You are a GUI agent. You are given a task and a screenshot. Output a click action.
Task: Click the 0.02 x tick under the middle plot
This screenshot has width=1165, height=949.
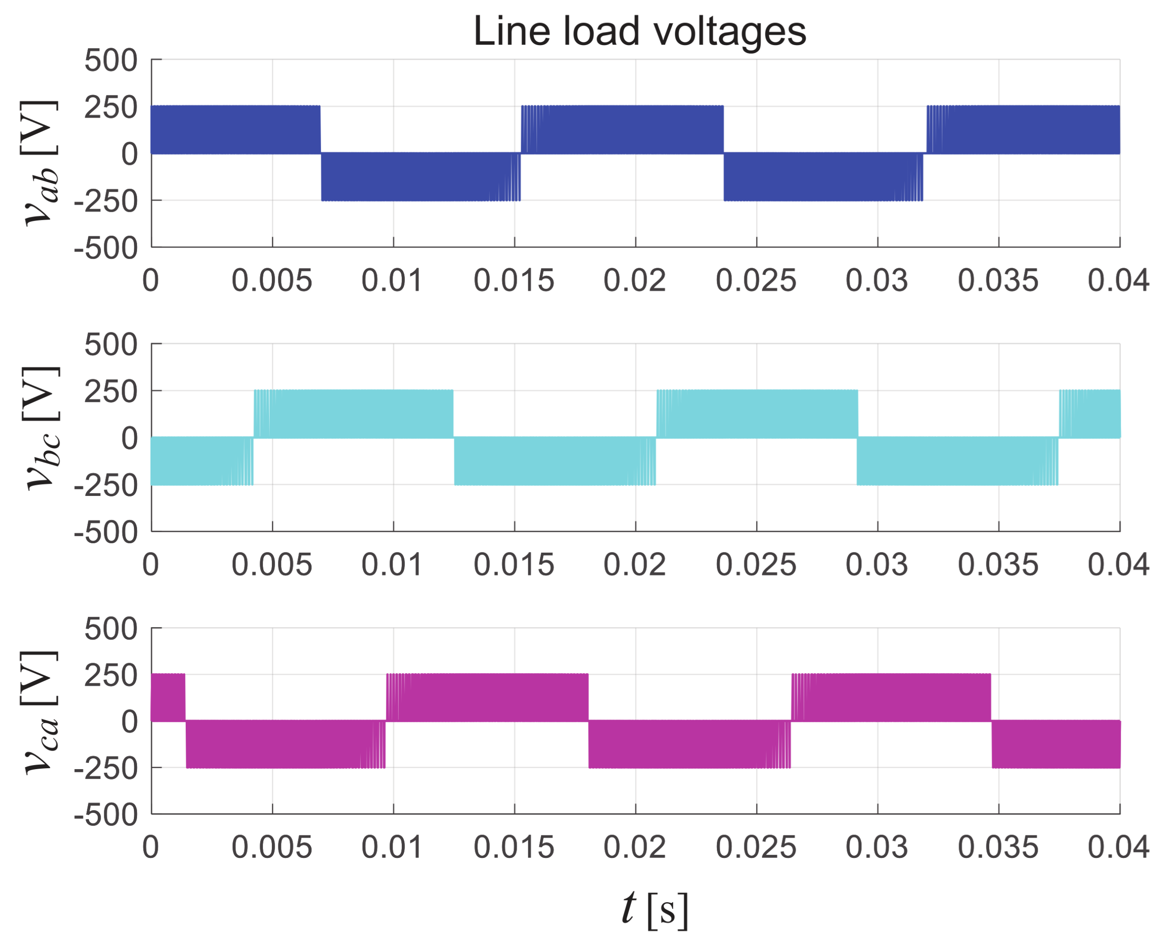point(634,565)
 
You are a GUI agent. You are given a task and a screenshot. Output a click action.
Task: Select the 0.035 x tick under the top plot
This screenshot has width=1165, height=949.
point(998,281)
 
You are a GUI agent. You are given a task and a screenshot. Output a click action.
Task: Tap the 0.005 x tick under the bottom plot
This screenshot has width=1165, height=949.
point(272,848)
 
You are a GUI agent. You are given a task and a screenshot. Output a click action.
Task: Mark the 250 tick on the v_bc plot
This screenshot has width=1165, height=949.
point(110,392)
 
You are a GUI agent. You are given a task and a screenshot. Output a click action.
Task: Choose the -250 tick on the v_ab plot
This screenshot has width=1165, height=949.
point(106,202)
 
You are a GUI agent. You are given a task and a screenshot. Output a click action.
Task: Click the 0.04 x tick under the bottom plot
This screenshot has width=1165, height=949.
point(1118,848)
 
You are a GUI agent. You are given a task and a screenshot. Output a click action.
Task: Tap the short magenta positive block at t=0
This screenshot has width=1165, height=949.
point(168,697)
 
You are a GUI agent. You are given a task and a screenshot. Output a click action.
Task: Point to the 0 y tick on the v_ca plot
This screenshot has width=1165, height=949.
point(129,722)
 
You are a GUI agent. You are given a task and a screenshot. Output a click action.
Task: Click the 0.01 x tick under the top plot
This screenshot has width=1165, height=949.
point(391,281)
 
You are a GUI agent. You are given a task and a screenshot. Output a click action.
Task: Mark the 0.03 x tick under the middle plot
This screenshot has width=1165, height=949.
point(876,565)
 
